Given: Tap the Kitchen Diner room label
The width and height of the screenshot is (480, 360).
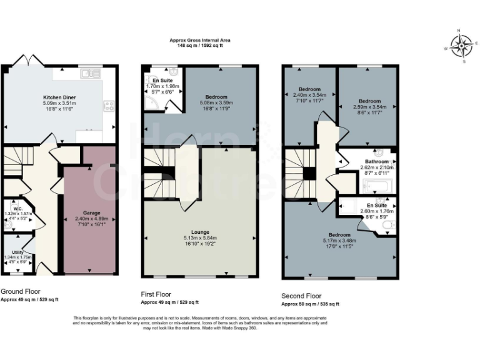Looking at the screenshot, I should (x=59, y=97).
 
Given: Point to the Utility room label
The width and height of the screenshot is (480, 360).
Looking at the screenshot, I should (x=18, y=252).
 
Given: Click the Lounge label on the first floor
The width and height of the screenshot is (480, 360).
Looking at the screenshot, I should (x=201, y=231).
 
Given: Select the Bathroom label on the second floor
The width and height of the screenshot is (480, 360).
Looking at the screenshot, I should (x=377, y=161).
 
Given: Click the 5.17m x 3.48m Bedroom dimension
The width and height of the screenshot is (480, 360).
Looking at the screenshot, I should (x=340, y=240).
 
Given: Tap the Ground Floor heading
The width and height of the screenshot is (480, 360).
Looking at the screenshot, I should (x=19, y=292).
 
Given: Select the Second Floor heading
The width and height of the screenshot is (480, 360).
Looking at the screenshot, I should (x=301, y=296).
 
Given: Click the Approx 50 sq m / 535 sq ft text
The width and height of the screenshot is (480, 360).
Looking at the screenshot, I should (x=310, y=304).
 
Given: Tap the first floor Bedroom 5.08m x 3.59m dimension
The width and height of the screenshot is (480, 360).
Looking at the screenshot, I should (x=216, y=102).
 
